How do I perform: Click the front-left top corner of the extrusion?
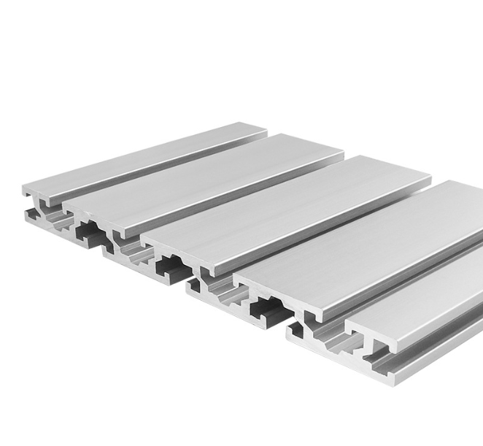coord(26,189)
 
